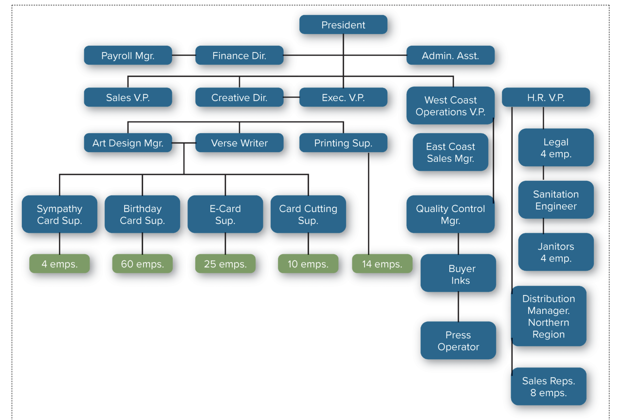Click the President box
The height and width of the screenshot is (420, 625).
click(343, 25)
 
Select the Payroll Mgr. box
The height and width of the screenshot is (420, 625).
click(128, 55)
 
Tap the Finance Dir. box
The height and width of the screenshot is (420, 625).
click(239, 55)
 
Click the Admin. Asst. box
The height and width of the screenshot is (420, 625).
click(450, 55)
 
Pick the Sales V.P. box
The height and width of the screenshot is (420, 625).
click(128, 97)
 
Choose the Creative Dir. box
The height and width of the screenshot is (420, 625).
click(239, 97)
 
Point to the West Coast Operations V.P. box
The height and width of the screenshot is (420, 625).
click(450, 106)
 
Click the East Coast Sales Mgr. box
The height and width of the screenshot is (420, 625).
click(450, 152)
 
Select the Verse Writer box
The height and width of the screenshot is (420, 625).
click(239, 143)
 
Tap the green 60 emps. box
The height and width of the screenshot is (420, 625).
click(142, 264)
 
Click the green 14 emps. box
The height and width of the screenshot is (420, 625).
click(382, 264)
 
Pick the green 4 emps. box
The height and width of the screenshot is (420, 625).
click(59, 264)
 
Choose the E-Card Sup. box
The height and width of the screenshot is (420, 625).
click(225, 214)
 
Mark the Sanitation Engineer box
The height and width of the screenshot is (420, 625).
click(555, 200)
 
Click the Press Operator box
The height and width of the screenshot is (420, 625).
click(458, 340)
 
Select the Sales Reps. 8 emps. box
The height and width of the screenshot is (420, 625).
click(549, 386)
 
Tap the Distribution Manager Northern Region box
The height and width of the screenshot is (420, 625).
click(549, 316)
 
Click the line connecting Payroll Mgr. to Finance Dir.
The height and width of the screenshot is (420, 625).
click(184, 55)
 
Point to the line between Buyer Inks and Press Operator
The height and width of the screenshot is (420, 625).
click(458, 307)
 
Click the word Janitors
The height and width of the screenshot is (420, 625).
click(556, 246)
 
